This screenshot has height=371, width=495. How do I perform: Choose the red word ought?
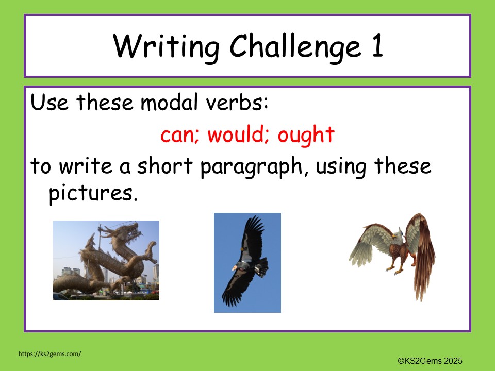coord(306,136)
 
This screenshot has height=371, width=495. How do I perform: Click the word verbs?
coord(239,103)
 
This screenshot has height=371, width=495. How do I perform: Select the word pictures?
coord(93,195)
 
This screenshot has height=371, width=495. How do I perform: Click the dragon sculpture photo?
coord(106,260)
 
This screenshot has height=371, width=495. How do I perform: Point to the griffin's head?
coord(395,237)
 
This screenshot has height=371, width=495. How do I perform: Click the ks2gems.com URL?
coord(49,354)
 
